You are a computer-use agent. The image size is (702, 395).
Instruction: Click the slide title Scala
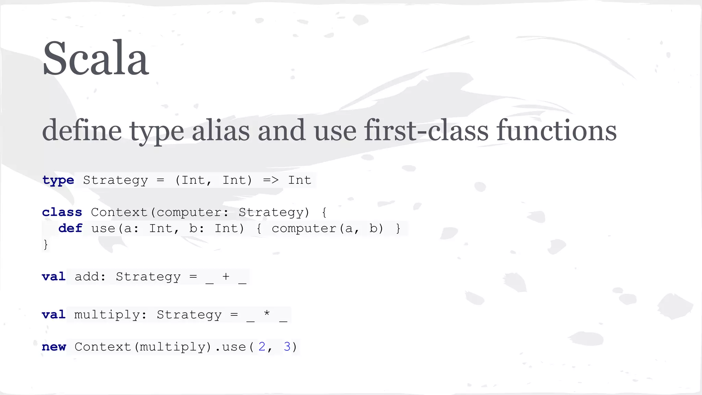(x=96, y=58)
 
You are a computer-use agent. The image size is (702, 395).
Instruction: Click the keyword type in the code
(x=58, y=180)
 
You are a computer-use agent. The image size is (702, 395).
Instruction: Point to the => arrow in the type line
(x=271, y=180)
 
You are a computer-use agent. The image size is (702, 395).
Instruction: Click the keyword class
(x=62, y=212)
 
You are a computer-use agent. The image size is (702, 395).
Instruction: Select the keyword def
(x=70, y=228)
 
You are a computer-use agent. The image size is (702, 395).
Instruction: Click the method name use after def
(x=103, y=228)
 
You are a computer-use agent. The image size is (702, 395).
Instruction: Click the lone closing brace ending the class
(x=46, y=244)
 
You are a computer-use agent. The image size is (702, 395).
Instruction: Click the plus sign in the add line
(x=226, y=276)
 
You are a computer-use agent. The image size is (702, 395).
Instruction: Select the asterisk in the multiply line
(x=267, y=313)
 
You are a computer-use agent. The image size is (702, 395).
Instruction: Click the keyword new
(x=54, y=347)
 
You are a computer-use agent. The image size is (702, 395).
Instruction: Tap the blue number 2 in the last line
(x=262, y=347)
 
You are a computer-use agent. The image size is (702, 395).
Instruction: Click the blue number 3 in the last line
(x=287, y=347)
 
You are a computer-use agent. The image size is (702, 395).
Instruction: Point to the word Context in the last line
(x=103, y=347)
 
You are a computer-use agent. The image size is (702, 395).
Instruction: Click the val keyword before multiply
(x=54, y=314)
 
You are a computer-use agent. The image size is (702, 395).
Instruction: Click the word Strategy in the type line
(x=116, y=180)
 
